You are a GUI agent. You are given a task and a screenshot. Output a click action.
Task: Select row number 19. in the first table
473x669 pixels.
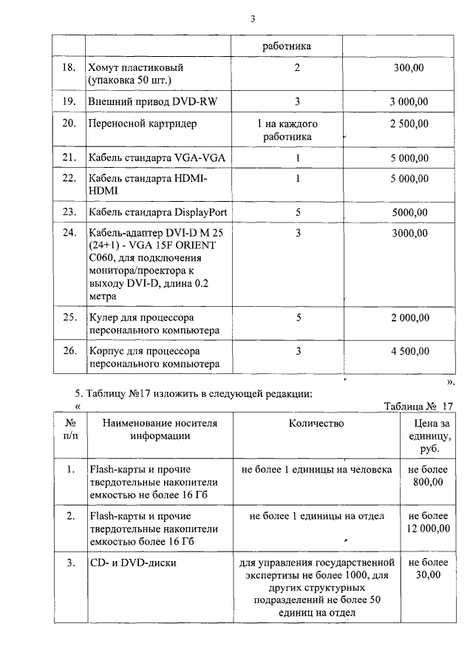tap(69, 101)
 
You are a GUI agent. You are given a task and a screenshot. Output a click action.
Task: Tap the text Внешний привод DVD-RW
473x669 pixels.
tap(140, 101)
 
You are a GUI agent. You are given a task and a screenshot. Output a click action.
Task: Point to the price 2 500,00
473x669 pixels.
tap(409, 123)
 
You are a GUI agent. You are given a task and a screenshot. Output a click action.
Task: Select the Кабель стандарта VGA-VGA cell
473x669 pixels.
tap(147, 157)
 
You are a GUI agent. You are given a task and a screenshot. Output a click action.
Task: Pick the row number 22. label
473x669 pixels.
tap(69, 178)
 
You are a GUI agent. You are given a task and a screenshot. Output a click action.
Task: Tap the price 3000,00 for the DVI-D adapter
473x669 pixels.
tap(409, 233)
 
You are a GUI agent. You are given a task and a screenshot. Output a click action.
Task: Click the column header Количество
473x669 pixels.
tap(316, 423)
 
